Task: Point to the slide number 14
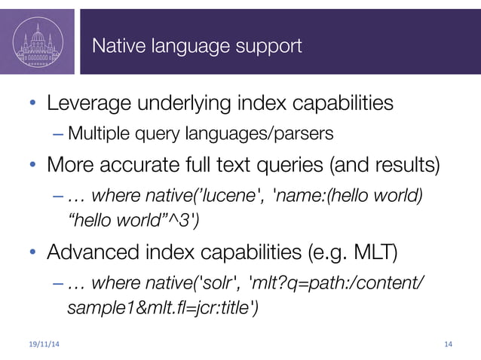pyautogui.click(x=448, y=345)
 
